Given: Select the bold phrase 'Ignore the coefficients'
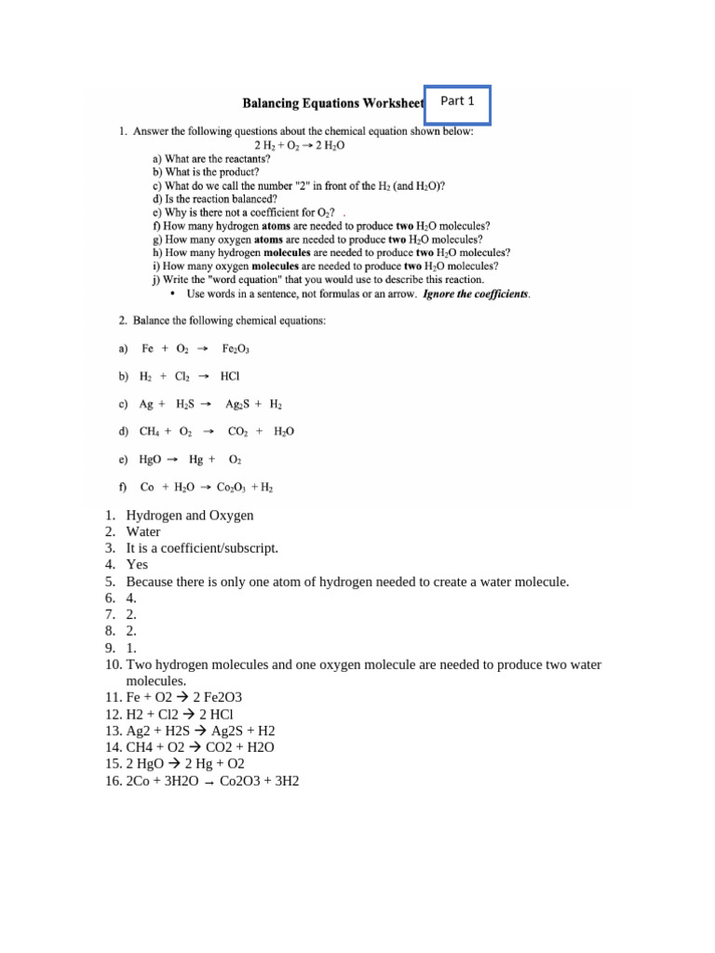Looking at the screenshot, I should click(476, 294).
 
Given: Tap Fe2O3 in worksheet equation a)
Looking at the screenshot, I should click(236, 349).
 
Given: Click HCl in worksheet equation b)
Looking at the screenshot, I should click(230, 377).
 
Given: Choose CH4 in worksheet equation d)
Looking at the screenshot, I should click(149, 432).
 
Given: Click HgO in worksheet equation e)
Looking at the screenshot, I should click(151, 460).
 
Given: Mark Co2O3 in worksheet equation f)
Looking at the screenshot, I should click(231, 488).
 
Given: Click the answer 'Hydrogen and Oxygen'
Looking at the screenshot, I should click(190, 516).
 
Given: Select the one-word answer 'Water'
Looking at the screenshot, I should click(143, 532).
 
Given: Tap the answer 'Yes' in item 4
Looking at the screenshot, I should click(137, 565).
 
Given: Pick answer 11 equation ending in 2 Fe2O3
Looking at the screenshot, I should click(184, 697).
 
